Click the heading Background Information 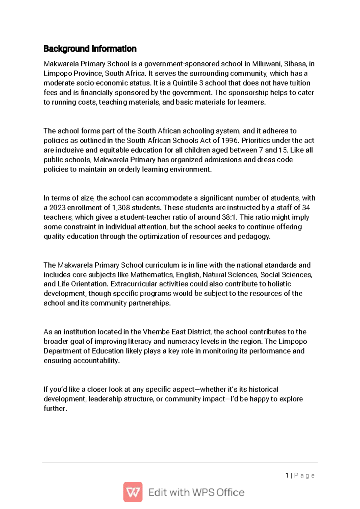pos(90,49)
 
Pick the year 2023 pos(57,208)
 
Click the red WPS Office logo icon pos(133,492)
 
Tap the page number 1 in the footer pos(287,475)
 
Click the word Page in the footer pos(304,475)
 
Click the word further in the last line pos(55,409)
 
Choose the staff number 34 pos(306,208)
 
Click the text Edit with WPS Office pos(196,493)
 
